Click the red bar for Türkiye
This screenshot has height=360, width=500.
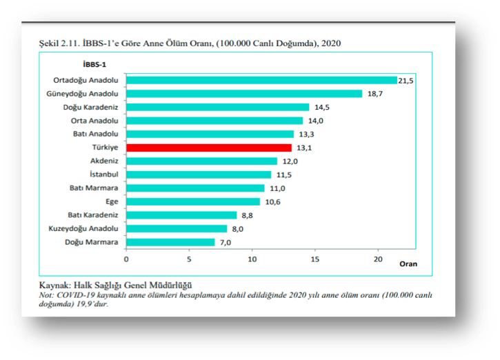[x=208, y=148]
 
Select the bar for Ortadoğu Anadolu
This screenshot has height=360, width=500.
[x=261, y=80]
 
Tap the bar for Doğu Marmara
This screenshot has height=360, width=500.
[x=170, y=242]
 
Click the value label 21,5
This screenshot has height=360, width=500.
[x=407, y=81]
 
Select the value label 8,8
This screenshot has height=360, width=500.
[x=247, y=215]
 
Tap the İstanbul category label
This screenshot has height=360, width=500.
[x=103, y=174]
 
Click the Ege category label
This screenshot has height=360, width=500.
[x=112, y=201]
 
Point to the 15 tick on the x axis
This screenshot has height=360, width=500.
[x=315, y=259]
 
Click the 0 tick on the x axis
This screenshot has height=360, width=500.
[x=126, y=259]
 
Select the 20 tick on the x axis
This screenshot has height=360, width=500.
[x=378, y=259]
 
